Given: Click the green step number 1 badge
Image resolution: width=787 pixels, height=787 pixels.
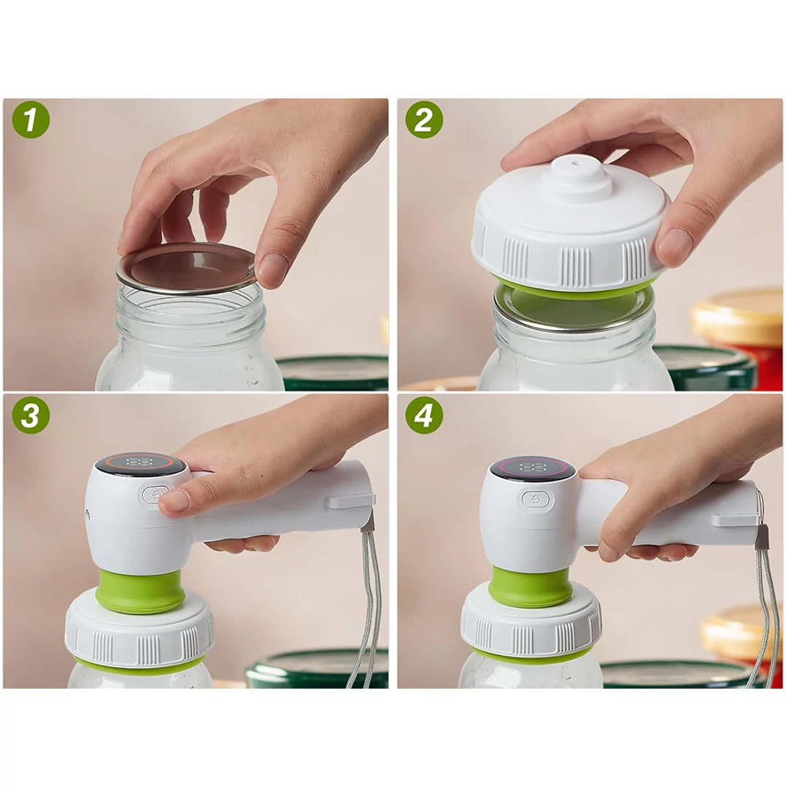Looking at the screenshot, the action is [31, 120].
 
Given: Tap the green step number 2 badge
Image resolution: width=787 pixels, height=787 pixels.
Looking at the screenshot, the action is [424, 120].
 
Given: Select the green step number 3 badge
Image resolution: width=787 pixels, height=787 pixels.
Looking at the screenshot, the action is [31, 415].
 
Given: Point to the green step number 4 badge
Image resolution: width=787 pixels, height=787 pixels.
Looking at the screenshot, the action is [424, 415].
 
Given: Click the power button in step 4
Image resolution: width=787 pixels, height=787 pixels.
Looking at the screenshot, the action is [538, 499].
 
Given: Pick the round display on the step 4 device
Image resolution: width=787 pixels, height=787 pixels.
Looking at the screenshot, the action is [533, 468].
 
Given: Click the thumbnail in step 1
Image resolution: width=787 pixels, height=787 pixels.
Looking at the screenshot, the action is [272, 268].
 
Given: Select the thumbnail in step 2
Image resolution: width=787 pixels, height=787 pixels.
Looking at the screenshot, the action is [676, 243].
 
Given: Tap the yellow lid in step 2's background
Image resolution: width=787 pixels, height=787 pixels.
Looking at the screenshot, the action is [737, 315].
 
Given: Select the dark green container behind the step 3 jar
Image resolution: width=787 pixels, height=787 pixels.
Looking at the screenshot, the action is [317, 668].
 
